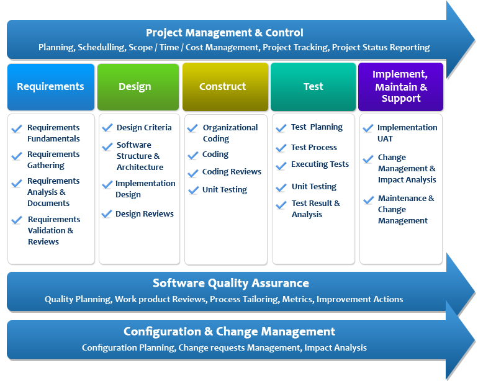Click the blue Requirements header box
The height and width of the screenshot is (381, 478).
[50, 87]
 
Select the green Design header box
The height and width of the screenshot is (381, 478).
[135, 87]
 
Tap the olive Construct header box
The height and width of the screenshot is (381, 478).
[222, 87]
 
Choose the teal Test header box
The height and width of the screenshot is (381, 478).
[313, 87]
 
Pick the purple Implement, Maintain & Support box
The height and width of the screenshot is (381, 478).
[400, 86]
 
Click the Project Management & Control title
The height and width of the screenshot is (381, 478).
[224, 33]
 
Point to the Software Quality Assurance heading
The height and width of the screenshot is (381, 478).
[230, 284]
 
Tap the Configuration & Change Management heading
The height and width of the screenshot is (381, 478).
[229, 332]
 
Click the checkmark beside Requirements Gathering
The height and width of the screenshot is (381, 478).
[17, 156]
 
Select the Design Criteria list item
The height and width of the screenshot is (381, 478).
[144, 128]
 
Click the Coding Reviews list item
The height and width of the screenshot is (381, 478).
[232, 172]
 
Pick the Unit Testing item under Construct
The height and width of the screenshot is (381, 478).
[224, 190]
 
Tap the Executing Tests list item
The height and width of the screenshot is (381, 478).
[320, 164]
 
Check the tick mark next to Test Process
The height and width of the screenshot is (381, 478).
[281, 148]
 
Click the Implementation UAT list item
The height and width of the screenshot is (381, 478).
[407, 133]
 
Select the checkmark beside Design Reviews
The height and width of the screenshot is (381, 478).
[107, 215]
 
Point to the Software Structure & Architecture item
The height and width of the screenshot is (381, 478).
[140, 156]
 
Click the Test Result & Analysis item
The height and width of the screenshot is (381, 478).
[315, 208]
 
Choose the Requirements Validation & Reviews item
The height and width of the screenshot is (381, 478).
[53, 230]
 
